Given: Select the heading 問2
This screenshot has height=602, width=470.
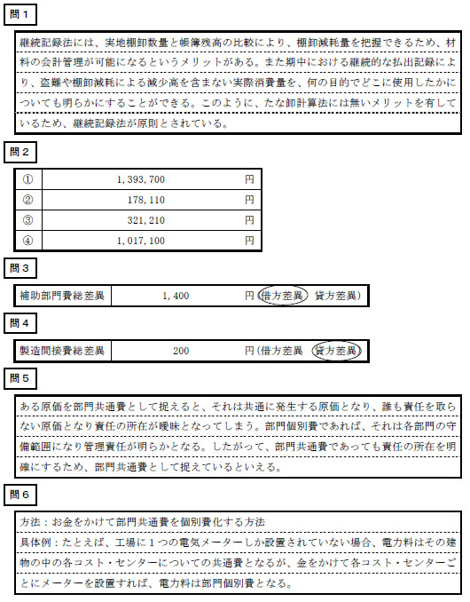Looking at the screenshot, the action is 19,153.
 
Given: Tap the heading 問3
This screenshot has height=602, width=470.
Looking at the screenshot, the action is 19,267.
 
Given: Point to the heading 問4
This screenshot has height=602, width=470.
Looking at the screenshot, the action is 19,323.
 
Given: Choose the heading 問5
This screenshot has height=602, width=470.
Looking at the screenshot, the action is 19,378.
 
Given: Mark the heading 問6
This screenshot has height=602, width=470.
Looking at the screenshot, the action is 19,494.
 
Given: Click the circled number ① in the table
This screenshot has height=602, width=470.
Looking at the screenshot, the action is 27,179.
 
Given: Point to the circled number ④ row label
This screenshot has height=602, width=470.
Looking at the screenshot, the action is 27,240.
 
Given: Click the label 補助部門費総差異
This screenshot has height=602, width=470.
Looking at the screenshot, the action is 61,296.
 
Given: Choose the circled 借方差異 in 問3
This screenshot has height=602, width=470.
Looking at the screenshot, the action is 283,296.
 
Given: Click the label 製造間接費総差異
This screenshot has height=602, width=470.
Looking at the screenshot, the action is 61,352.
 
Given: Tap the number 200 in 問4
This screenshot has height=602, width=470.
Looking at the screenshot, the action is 181,352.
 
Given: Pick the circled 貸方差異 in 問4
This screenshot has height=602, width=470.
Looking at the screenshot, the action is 338,352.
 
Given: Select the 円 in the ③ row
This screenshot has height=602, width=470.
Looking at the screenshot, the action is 250,219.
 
